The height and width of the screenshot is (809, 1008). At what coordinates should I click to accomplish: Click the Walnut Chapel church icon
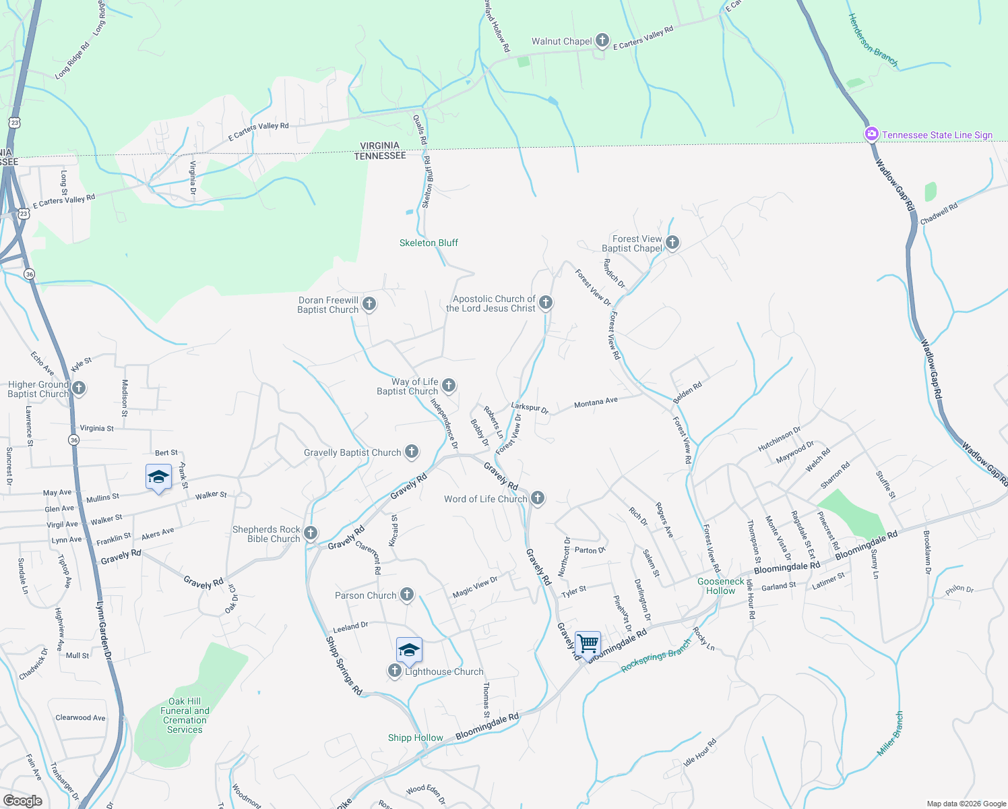point(602,41)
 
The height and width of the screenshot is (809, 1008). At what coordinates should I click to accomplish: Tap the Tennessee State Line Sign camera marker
point(872,134)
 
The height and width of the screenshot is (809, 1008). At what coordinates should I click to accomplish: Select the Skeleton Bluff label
point(429,243)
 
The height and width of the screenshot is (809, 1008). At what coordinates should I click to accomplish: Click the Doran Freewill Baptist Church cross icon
point(369,304)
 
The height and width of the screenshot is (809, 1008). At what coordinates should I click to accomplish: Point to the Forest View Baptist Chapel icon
point(672,243)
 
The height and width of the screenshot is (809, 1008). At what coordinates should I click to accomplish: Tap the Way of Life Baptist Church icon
point(449,386)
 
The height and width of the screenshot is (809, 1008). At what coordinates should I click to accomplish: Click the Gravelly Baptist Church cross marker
point(412,452)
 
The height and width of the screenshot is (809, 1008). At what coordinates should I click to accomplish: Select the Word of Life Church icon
point(538,498)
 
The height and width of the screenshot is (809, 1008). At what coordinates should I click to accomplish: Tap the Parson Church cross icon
point(407,595)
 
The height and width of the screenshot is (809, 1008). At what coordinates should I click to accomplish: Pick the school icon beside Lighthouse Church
point(409,651)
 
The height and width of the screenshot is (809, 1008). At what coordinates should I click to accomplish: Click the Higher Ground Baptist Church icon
point(79,388)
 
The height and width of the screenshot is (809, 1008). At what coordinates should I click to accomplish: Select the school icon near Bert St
point(158,477)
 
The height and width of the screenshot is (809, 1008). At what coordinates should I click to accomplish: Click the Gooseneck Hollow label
point(721,586)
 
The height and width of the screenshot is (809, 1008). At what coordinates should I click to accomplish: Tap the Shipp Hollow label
point(415,738)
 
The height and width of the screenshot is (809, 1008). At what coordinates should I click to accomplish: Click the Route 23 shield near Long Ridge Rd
point(14,123)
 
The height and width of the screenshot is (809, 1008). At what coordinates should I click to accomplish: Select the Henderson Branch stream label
point(873,40)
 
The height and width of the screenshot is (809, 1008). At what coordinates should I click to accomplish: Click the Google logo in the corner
point(22,801)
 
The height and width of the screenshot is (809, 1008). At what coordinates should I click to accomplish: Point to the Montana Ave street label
point(596,402)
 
